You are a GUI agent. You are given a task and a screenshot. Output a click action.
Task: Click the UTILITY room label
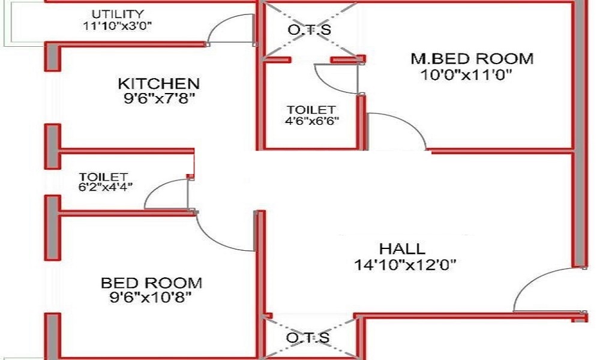coord(118,14)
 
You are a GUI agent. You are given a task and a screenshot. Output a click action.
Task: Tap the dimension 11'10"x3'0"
coord(118,26)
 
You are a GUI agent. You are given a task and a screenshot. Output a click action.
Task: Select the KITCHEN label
coord(159,84)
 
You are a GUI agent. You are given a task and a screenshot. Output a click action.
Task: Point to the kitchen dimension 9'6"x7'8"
coord(160,99)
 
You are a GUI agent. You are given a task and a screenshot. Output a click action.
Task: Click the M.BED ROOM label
coord(472,59)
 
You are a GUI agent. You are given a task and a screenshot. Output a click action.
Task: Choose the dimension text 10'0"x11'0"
coord(466,74)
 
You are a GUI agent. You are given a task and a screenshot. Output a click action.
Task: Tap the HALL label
coord(402,249)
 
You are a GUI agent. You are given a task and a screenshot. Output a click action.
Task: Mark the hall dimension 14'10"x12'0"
coord(405,265)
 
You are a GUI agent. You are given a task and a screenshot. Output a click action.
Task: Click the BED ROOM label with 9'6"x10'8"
coord(152,283)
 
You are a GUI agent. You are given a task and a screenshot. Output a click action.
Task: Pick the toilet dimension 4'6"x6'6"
coord(312,121)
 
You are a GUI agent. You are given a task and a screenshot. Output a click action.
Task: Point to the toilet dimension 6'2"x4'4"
coord(106,187)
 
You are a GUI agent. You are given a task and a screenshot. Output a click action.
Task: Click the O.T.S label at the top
coord(309,30)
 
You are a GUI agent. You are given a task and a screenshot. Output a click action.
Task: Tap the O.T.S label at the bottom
coord(308,338)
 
